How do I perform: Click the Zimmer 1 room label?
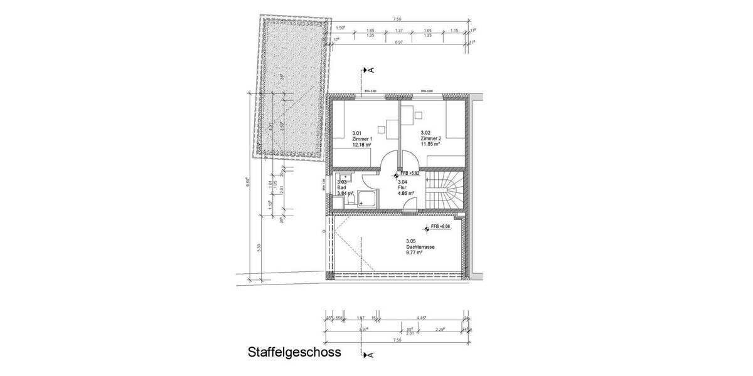point(362,138)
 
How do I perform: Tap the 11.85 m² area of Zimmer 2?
point(430,144)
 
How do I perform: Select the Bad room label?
point(341,187)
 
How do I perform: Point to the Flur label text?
point(402,187)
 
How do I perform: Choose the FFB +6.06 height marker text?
point(441,226)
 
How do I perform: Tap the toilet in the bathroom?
point(353,199)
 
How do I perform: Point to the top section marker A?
point(369,70)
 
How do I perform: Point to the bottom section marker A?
point(369,355)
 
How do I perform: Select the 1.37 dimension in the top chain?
point(398,30)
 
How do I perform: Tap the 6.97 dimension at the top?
point(398,42)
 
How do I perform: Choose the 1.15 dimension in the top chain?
point(455,30)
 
